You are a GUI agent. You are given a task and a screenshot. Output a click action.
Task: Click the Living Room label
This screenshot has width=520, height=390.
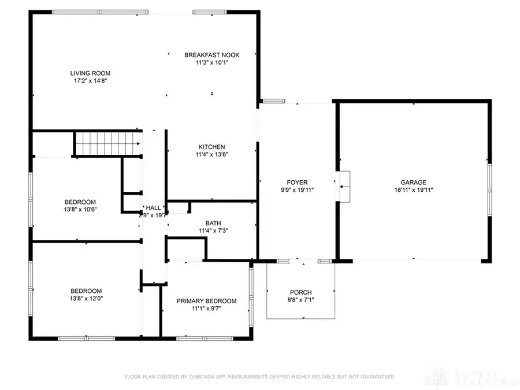90,73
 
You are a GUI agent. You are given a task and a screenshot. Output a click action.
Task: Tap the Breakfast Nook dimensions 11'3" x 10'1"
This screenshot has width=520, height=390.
211,62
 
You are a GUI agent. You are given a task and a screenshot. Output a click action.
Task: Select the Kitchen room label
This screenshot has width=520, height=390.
211,147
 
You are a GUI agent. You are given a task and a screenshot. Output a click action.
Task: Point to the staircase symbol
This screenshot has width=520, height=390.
109,143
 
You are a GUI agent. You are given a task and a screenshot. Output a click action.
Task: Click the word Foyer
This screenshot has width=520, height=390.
298,182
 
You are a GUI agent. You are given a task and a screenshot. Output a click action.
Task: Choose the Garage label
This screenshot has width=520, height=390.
414,182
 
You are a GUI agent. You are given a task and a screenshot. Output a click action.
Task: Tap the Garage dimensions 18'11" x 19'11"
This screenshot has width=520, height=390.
414,190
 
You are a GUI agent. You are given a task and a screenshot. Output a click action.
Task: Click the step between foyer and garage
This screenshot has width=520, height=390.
345,187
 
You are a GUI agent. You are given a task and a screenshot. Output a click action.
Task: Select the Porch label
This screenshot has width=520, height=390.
300,292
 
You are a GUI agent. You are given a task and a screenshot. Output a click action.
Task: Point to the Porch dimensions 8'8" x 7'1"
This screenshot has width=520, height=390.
300,300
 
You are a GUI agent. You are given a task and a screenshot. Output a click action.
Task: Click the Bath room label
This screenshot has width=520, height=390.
213,223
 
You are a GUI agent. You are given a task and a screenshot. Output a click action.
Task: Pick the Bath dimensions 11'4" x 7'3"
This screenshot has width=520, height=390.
213,231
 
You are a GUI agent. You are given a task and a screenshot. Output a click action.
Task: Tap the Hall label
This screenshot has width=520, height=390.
153,207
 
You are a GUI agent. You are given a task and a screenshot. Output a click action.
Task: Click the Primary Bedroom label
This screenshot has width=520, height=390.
206,300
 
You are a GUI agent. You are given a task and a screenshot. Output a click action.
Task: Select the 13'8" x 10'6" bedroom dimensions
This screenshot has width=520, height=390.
80,209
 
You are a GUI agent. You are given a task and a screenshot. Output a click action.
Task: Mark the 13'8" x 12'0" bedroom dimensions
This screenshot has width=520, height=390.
86,298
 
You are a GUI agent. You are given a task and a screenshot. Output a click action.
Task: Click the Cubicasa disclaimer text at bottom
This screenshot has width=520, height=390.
260,377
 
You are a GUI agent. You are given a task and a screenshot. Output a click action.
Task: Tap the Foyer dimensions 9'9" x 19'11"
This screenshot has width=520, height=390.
298,190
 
